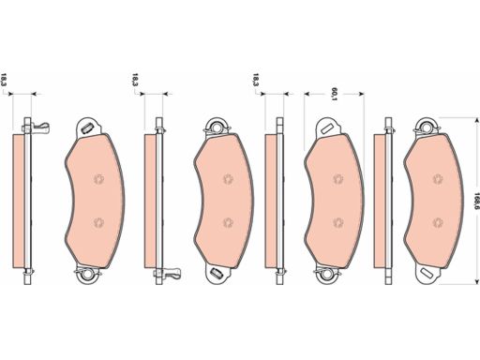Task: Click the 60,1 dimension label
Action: [334, 95]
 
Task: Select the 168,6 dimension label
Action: [476, 201]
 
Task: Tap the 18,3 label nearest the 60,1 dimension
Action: [256, 80]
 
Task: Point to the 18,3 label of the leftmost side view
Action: [4, 80]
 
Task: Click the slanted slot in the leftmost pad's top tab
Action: [86, 128]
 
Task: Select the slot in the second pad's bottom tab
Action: [216, 273]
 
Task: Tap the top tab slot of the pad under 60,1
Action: [326, 128]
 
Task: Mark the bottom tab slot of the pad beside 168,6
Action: [427, 273]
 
